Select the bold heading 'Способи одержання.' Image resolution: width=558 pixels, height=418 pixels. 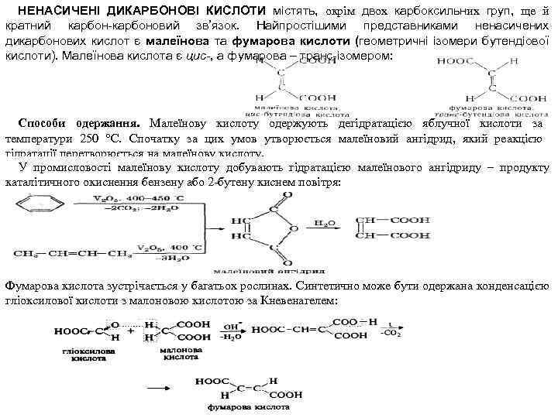(79, 125)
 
